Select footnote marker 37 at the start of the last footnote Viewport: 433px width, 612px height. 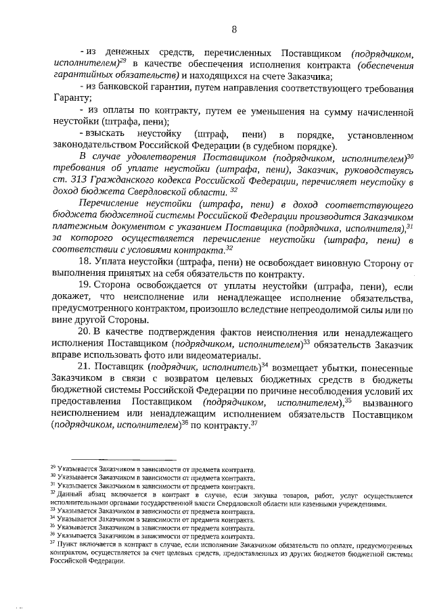click(x=53, y=542)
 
